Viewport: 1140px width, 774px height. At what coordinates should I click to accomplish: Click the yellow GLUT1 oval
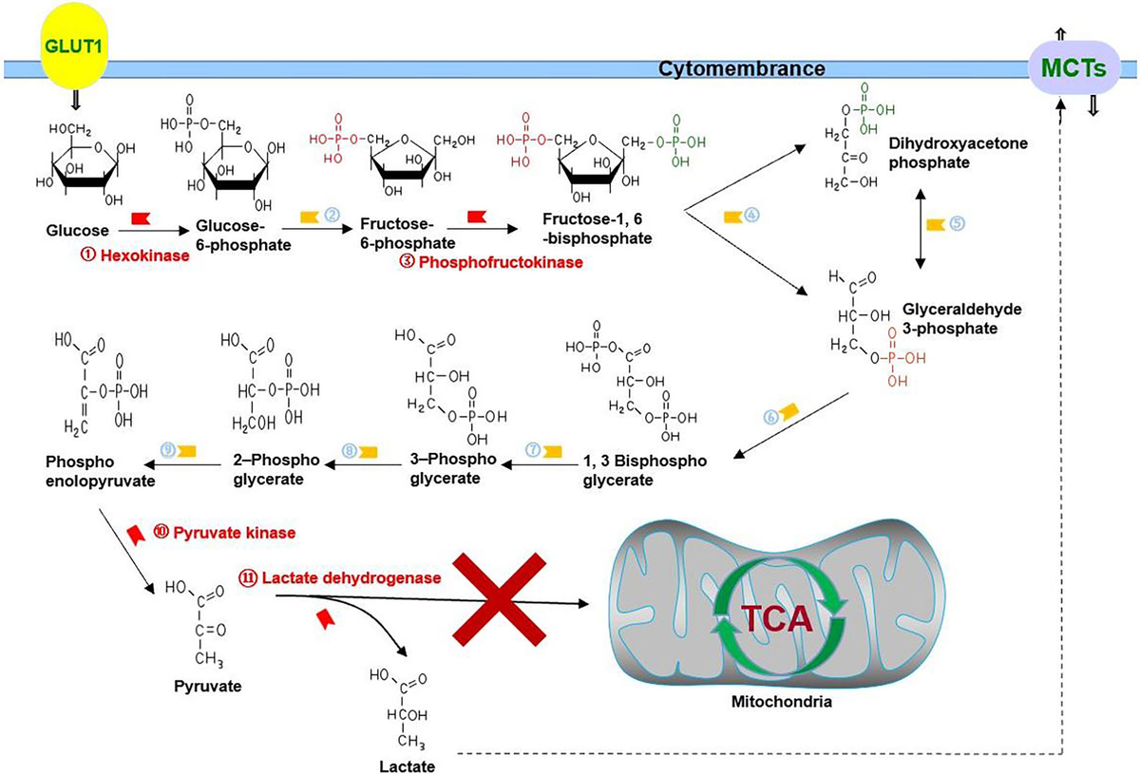click(73, 46)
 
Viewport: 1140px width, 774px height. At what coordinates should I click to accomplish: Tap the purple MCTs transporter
click(1073, 68)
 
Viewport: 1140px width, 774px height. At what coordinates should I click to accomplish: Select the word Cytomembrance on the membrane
click(742, 68)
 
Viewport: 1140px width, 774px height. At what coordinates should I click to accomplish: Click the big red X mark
click(500, 600)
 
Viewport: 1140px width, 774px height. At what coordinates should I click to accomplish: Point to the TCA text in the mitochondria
click(777, 619)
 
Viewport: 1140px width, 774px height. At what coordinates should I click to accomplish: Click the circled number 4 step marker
click(751, 216)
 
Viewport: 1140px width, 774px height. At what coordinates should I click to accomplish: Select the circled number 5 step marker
click(958, 223)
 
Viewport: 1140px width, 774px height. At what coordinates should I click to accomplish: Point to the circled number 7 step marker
click(533, 450)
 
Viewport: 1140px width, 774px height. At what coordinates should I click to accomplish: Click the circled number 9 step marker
click(168, 450)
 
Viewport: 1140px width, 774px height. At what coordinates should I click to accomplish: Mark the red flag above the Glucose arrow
click(141, 218)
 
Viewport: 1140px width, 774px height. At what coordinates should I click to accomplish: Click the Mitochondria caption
click(782, 702)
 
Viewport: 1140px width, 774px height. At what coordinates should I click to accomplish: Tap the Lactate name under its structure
click(408, 766)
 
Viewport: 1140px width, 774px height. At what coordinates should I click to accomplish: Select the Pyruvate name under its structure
click(208, 686)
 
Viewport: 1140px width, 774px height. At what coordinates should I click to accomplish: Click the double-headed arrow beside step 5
click(921, 229)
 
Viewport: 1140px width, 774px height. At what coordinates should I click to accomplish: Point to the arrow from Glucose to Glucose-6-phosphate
click(154, 231)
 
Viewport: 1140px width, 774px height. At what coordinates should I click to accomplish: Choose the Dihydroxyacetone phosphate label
click(959, 153)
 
